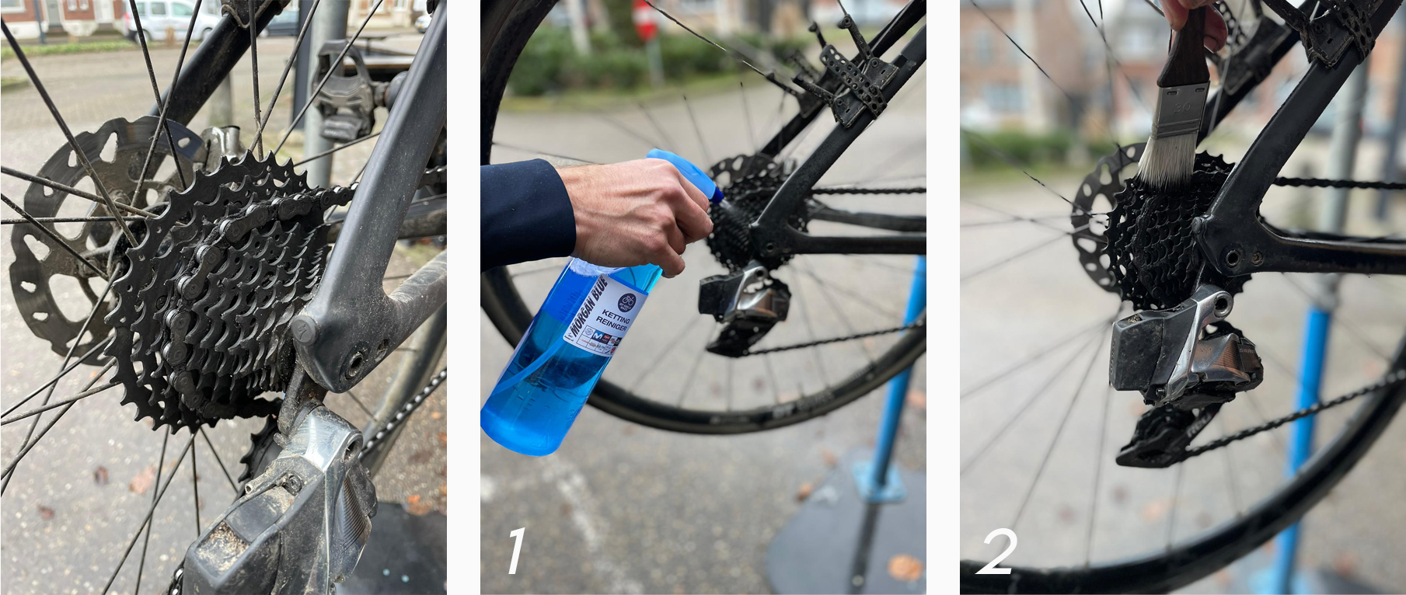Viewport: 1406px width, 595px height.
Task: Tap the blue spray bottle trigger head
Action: pyautogui.click(x=684, y=167)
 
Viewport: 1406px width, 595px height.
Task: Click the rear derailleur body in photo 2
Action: pyautogui.click(x=1166, y=350)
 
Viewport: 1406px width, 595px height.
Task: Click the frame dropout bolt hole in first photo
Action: pyautogui.click(x=355, y=361)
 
